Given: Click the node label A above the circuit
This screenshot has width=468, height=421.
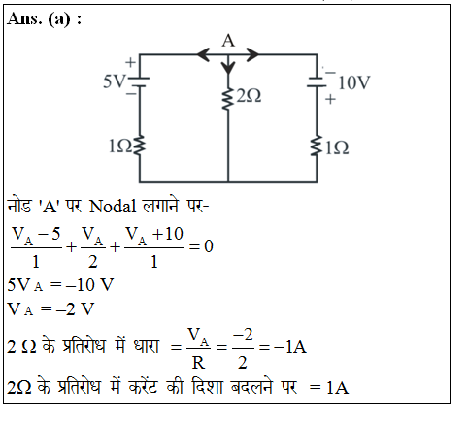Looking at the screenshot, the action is (228, 41).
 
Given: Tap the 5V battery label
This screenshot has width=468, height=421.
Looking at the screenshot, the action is (114, 81).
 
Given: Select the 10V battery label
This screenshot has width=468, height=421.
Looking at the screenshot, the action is (353, 82).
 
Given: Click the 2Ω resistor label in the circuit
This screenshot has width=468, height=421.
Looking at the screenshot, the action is (249, 96).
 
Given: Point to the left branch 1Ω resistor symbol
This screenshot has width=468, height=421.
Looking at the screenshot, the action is (140, 145).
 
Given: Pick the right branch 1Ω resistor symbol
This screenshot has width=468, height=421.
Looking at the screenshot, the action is (317, 146).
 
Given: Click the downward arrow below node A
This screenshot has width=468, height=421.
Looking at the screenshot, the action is (228, 64).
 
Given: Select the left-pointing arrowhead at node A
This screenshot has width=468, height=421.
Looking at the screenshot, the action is (204, 54).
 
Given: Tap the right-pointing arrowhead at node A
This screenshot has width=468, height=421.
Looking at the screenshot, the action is (252, 54).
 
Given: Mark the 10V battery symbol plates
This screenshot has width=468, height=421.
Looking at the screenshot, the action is (317, 82).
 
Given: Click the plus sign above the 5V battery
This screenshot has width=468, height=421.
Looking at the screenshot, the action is (130, 62).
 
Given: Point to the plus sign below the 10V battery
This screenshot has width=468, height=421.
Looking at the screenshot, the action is (330, 99).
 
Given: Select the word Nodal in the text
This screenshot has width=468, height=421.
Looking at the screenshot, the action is (113, 206).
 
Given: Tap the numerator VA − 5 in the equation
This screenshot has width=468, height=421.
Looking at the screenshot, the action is (36, 235).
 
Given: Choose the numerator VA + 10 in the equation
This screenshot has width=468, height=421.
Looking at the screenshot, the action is (154, 235).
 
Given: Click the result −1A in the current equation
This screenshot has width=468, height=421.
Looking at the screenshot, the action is (290, 347).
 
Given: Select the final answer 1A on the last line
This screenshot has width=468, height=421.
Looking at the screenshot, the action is (337, 388).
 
